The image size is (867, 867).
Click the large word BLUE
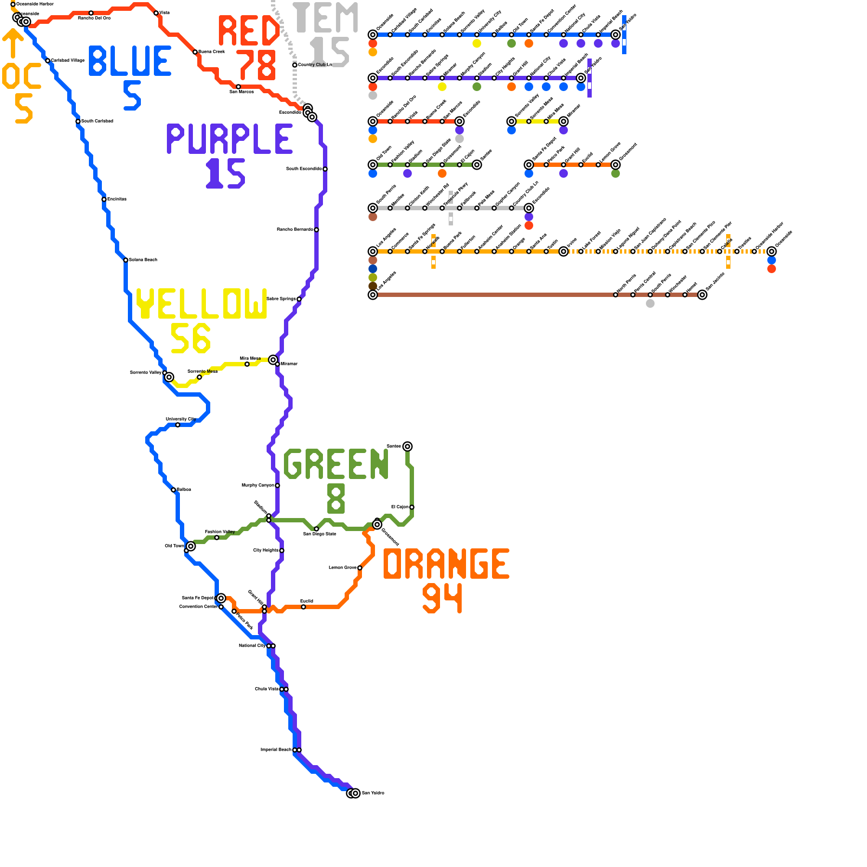(130, 61)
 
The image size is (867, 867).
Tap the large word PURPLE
(230, 139)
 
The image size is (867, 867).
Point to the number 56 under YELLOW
(190, 338)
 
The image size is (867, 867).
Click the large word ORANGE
(446, 564)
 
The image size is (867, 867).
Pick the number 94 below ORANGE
(443, 598)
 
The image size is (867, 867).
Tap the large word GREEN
(336, 464)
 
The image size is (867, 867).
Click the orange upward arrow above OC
(13, 43)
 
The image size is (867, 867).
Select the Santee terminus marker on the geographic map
(407, 447)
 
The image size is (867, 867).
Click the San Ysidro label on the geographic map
(373, 793)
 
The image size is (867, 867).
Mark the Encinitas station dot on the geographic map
(104, 199)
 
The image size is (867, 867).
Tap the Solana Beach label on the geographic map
(143, 260)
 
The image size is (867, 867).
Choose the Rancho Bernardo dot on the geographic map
(316, 230)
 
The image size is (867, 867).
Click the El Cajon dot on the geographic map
(412, 507)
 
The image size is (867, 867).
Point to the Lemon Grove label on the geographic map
(342, 568)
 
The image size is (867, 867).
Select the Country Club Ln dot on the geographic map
(295, 65)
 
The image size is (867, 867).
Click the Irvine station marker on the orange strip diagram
(564, 251)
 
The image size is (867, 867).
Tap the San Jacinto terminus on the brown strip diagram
(702, 295)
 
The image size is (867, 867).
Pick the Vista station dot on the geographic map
(156, 13)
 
